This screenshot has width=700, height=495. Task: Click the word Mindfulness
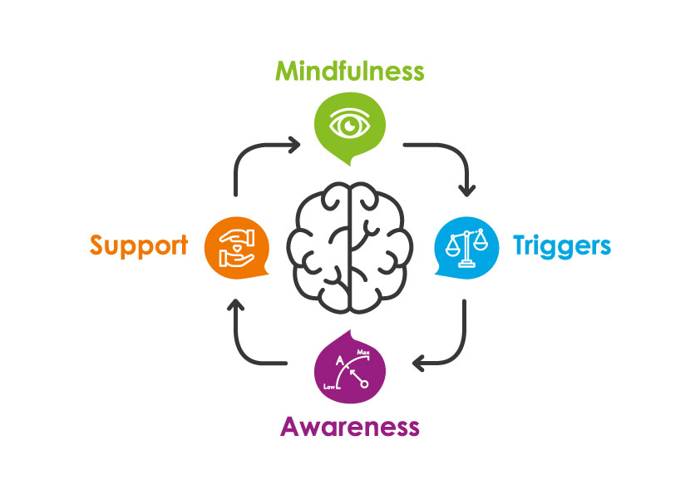coord(350,72)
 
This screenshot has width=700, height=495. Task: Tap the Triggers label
coord(561,245)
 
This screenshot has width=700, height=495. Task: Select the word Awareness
coord(349,427)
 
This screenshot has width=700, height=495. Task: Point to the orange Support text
coord(139,245)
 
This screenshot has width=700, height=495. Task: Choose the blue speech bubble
coord(466,246)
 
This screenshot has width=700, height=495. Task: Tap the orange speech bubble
coord(235,245)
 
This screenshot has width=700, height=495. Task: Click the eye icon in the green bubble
coord(349,124)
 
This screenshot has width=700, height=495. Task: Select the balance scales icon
coord(466,245)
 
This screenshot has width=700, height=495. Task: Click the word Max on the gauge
coord(363,354)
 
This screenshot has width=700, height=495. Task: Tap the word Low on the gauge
coord(328,387)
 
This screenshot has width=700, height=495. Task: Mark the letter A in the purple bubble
coord(339,361)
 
